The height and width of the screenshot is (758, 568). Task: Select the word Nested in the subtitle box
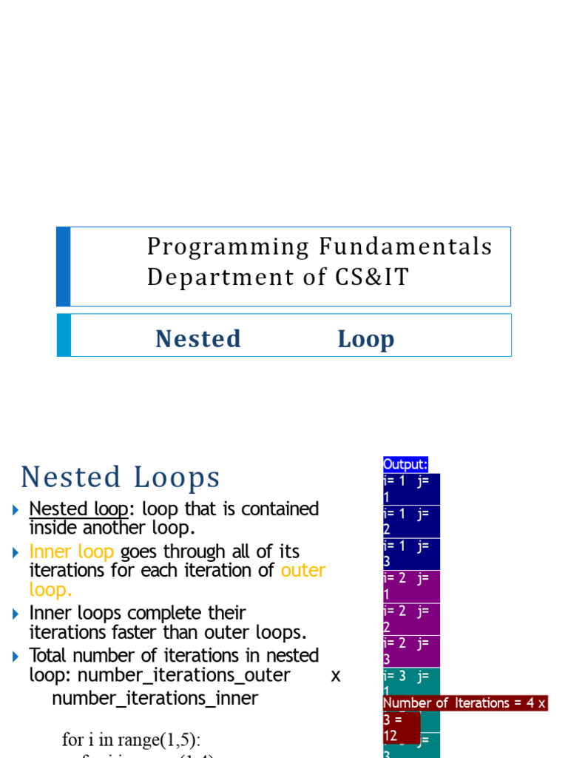pyautogui.click(x=198, y=338)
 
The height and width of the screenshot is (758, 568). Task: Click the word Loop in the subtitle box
pyautogui.click(x=366, y=338)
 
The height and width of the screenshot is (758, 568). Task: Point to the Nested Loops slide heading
pyautogui.click(x=121, y=477)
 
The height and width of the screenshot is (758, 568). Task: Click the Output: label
pyautogui.click(x=405, y=464)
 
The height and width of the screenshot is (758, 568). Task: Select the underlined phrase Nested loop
pyautogui.click(x=78, y=509)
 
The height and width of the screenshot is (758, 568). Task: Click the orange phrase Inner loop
pyautogui.click(x=71, y=551)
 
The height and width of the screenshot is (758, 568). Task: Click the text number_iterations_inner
pyautogui.click(x=155, y=698)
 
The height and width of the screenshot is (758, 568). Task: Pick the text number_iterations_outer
pyautogui.click(x=183, y=675)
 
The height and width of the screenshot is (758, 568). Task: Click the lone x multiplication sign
pyautogui.click(x=336, y=675)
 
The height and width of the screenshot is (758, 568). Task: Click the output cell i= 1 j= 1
pyautogui.click(x=411, y=489)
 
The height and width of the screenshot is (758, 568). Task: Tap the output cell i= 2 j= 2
pyautogui.click(x=411, y=619)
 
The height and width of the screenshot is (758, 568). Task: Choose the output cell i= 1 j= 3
pyautogui.click(x=411, y=554)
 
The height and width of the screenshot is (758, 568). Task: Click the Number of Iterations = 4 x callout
pyautogui.click(x=464, y=703)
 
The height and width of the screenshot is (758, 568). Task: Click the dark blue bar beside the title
pyautogui.click(x=64, y=266)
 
